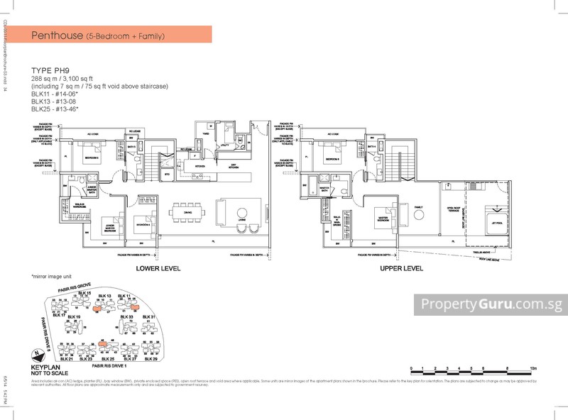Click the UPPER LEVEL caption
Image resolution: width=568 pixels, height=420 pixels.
pos(401,269)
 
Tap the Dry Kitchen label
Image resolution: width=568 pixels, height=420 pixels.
pos(229,165)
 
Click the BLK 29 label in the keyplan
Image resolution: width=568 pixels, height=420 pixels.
pos(150,358)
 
